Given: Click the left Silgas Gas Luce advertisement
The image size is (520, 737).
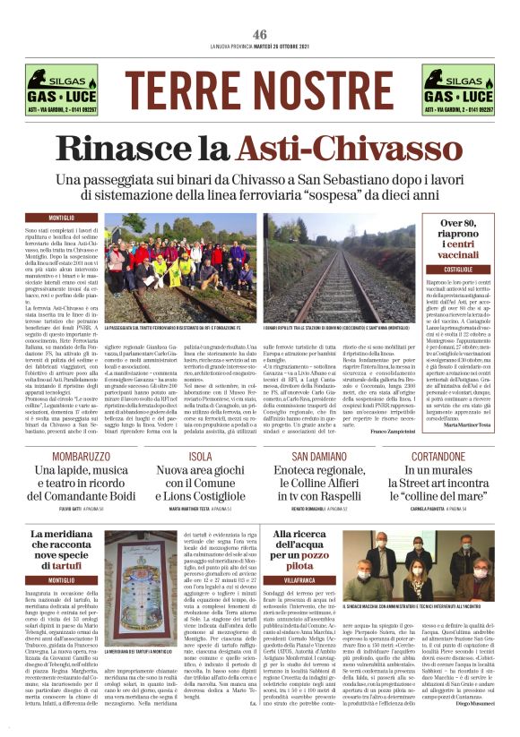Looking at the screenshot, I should [x=62, y=90].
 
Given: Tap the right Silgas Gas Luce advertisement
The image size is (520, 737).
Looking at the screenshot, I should [x=457, y=90].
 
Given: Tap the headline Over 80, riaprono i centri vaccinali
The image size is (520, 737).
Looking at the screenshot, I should [x=457, y=240].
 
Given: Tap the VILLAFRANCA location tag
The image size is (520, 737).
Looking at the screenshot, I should [x=298, y=580].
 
